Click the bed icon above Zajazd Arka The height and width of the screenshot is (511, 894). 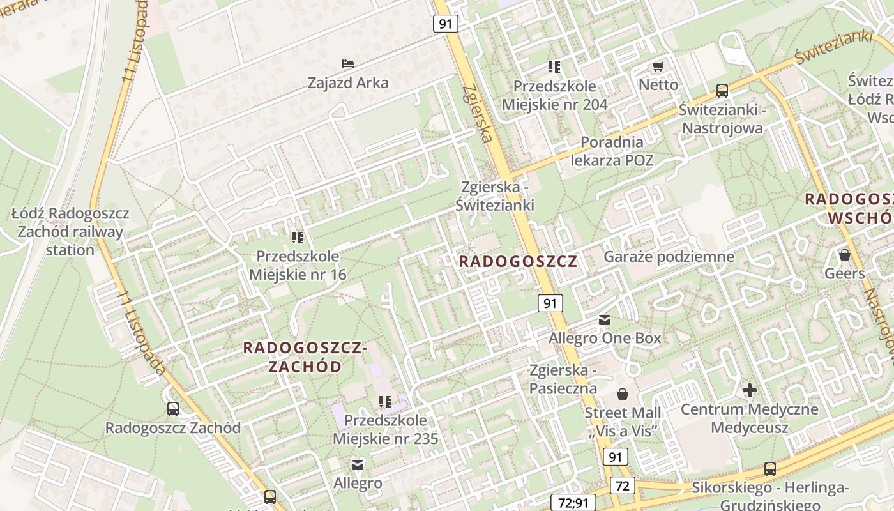(x=348, y=64)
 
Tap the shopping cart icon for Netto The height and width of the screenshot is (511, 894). (x=658, y=66)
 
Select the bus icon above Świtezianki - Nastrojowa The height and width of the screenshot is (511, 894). (x=722, y=91)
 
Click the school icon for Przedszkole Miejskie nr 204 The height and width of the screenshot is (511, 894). (x=554, y=66)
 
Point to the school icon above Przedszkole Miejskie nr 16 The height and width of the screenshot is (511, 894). (x=297, y=238)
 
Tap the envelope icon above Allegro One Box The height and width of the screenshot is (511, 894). (x=605, y=319)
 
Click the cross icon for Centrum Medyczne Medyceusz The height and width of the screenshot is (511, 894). (x=750, y=390)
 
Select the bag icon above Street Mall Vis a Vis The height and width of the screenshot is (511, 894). (x=623, y=394)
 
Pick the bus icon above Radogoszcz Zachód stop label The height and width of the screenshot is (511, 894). (x=172, y=409)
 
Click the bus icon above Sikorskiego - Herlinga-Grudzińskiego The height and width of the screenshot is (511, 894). (x=770, y=469)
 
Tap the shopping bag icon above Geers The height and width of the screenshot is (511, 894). (x=845, y=255)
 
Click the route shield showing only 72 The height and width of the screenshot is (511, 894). (x=623, y=485)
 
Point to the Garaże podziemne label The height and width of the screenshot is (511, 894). (x=669, y=257)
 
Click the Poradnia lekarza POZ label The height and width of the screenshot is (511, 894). (x=612, y=151)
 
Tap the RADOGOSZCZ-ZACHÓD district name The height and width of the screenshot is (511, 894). (x=305, y=357)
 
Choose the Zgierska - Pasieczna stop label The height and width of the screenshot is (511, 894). (x=563, y=379)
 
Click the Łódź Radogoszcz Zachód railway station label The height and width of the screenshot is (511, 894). (x=70, y=231)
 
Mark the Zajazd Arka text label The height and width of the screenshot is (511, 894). (x=348, y=83)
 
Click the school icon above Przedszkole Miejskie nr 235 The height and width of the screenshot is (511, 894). (x=384, y=402)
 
